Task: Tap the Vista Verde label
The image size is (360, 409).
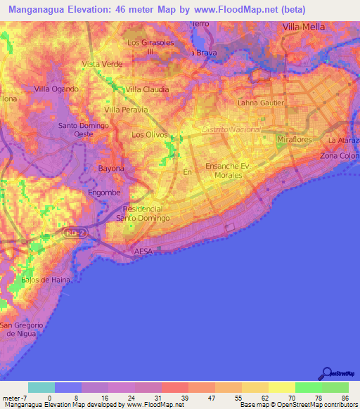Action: (x=102, y=64)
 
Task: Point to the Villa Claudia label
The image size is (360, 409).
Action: (x=147, y=89)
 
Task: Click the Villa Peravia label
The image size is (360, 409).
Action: (x=126, y=110)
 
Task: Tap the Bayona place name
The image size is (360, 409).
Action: (x=111, y=169)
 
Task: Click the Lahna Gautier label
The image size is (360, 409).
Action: (x=261, y=103)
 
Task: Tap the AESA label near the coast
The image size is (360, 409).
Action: (x=143, y=251)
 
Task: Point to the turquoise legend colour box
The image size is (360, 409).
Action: (x=41, y=387)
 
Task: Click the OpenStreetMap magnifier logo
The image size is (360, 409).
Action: (x=326, y=373)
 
